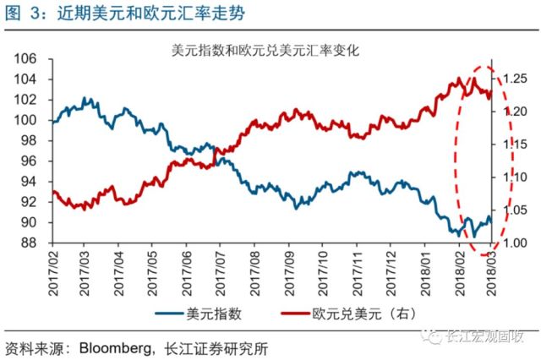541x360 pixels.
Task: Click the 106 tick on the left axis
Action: coord(25,59)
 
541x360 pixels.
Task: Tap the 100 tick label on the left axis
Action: coord(25,120)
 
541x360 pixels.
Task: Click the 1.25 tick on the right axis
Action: coord(515,79)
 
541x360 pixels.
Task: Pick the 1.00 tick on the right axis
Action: coord(515,243)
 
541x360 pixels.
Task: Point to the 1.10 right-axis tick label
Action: coord(515,177)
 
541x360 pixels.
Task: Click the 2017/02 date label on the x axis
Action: coord(53,273)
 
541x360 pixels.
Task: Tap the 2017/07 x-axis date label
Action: coord(221,273)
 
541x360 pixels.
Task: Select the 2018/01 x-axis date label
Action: coord(425,273)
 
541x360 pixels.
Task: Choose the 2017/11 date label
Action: coord(357,273)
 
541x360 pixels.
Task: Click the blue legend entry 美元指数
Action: coord(199,314)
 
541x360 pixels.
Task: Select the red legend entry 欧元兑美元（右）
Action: coord(348,314)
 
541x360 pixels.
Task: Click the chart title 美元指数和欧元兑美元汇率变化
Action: coord(265,51)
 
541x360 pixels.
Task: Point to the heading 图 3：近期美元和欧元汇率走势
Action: coord(125,14)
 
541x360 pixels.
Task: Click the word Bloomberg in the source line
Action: coord(115,349)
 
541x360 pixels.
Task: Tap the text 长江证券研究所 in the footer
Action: coord(216,349)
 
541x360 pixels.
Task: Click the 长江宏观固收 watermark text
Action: coord(485,335)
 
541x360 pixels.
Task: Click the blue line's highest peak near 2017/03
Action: coord(84,98)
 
